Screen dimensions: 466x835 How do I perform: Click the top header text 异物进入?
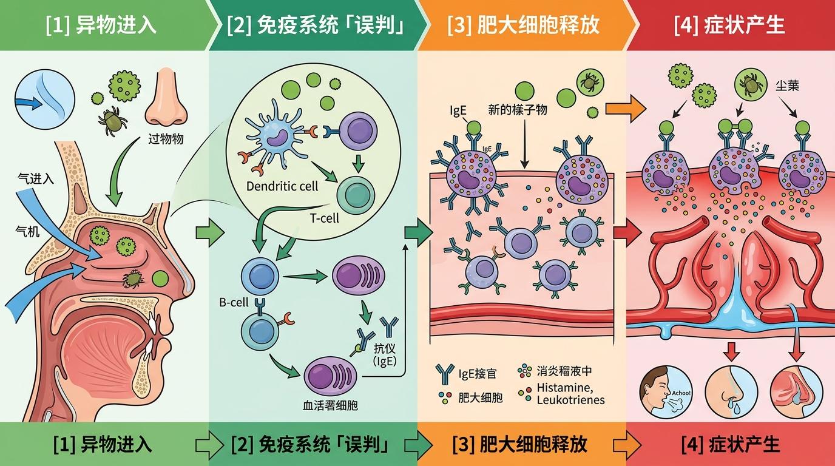pos(101,25)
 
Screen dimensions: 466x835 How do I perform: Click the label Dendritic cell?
pos(282,186)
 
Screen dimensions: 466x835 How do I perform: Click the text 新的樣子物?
pos(518,109)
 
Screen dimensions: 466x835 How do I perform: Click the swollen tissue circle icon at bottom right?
pos(796,391)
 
